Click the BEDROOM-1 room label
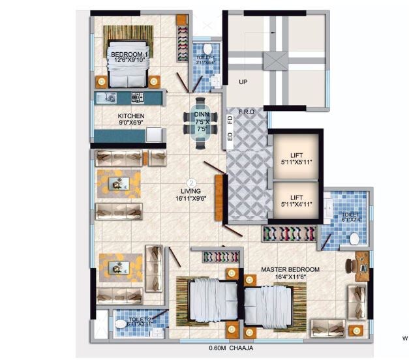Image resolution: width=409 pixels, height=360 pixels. [x=129, y=53]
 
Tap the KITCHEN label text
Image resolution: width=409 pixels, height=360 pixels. [x=131, y=116]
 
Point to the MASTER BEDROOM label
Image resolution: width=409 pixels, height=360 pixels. [x=290, y=269]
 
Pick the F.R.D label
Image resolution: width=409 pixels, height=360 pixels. [x=247, y=112]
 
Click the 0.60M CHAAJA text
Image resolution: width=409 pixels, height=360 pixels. [x=232, y=347]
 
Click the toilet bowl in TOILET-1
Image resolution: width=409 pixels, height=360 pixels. [x=207, y=50]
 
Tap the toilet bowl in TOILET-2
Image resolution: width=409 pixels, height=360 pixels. [x=120, y=324]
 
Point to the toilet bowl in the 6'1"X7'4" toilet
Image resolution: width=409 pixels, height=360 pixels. [x=355, y=239]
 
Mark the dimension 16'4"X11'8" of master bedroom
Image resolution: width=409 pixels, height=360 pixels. [x=290, y=277]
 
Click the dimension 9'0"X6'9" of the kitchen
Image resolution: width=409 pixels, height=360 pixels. [x=131, y=123]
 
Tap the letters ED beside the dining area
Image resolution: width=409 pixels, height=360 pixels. [x=230, y=136]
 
